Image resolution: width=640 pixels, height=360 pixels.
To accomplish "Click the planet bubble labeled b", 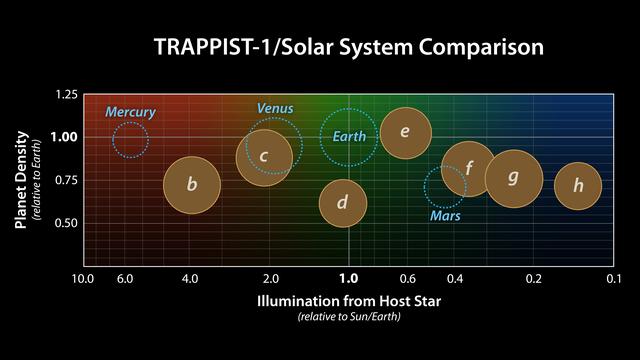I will click(192, 185).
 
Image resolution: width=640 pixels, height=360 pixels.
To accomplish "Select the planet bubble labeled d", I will click(342, 203).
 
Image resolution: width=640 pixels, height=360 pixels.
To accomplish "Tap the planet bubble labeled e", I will click(405, 133).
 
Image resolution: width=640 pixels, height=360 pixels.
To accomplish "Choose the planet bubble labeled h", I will click(577, 185).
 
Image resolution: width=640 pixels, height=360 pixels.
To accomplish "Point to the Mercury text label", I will click(130, 112).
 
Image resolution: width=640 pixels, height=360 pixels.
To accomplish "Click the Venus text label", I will click(275, 108).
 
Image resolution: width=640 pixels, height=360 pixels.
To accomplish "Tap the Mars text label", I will click(444, 215).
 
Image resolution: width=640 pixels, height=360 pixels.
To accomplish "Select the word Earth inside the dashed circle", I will click(349, 136).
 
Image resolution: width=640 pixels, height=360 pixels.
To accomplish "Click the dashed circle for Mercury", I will click(130, 140).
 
